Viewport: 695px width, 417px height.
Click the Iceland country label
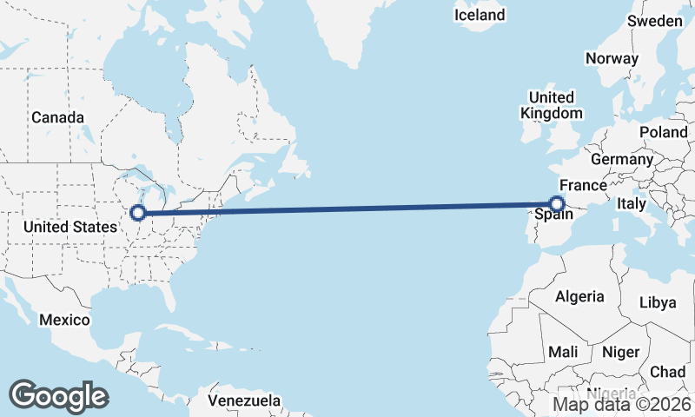click(480, 15)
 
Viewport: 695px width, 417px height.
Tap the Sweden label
click(654, 21)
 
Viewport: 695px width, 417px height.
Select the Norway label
click(612, 58)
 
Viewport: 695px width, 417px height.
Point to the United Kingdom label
click(552, 105)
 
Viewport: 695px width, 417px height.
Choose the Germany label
click(621, 160)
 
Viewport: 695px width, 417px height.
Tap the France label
click(583, 186)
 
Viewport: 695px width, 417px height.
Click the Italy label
click(632, 203)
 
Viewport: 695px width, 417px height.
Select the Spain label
click(553, 215)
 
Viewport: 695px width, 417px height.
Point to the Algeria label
click(579, 296)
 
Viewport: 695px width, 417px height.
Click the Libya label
click(657, 302)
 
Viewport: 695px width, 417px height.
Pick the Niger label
click(619, 352)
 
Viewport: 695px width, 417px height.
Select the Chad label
click(667, 372)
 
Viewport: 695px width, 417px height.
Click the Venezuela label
click(245, 401)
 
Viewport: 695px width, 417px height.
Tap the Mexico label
click(64, 320)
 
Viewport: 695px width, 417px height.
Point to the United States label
click(69, 227)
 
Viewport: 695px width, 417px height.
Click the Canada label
click(57, 117)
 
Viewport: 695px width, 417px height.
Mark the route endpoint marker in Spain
click(558, 205)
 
